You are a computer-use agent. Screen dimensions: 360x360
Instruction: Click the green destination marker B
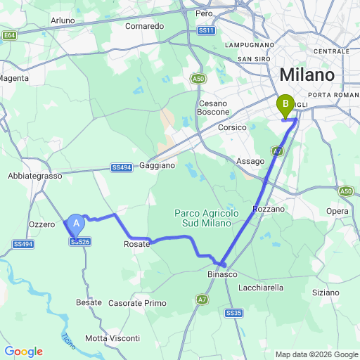coord(285,105)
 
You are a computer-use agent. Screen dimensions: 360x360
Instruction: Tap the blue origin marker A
coord(77,224)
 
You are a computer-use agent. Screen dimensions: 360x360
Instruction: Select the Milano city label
coord(307,75)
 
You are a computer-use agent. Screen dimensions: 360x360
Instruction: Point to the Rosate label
coord(137,244)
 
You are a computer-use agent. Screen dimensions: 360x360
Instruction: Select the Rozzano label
coord(269,209)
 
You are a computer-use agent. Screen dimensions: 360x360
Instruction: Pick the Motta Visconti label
coord(112,338)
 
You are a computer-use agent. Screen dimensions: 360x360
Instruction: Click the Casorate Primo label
coord(136,303)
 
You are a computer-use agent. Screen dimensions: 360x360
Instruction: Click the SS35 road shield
coord(234,312)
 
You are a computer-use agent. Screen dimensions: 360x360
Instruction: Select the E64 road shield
coord(9,35)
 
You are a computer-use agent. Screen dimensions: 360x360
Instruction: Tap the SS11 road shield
coord(206,31)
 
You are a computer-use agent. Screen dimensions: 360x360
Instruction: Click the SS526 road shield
coord(80,242)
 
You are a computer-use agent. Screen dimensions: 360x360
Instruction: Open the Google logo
coord(23,352)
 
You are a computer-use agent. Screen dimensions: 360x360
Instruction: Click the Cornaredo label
coord(144,26)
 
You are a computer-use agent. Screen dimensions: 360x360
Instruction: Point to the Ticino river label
coord(68,340)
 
